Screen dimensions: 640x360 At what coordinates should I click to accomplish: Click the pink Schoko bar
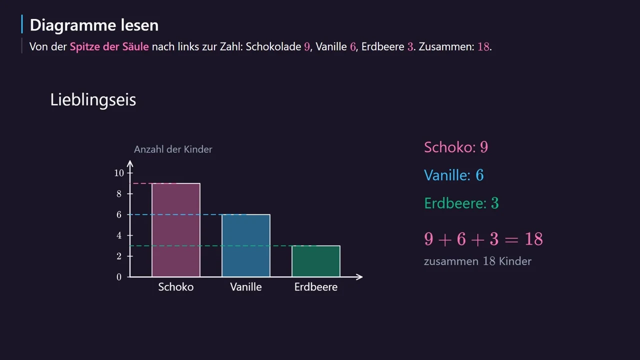pyautogui.click(x=175, y=230)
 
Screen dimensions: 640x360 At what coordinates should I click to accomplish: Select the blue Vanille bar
pyautogui.click(x=246, y=245)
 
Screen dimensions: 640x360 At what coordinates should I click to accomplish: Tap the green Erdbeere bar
pyautogui.click(x=316, y=261)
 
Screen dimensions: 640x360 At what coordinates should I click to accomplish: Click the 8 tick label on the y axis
pyautogui.click(x=119, y=194)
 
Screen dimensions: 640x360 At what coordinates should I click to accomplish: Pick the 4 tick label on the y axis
pyautogui.click(x=119, y=235)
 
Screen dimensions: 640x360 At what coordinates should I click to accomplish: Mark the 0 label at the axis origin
pyautogui.click(x=119, y=277)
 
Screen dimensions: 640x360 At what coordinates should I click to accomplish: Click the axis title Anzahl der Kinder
pyautogui.click(x=173, y=149)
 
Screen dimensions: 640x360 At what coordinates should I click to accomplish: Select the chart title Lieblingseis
pyautogui.click(x=93, y=99)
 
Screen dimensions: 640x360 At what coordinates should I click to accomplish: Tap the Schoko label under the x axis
pyautogui.click(x=175, y=287)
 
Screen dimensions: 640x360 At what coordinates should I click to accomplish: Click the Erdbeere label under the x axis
pyautogui.click(x=316, y=287)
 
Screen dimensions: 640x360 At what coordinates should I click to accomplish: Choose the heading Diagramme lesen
pyautogui.click(x=94, y=25)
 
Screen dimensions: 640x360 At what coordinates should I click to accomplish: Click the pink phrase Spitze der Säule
pyautogui.click(x=109, y=46)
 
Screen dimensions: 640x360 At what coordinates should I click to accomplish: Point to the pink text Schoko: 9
pyautogui.click(x=456, y=147)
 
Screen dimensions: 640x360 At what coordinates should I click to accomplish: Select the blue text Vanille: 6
pyautogui.click(x=453, y=175)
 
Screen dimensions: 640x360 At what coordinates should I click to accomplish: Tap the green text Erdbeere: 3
pyautogui.click(x=461, y=203)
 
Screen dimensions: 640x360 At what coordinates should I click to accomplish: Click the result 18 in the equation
pyautogui.click(x=533, y=239)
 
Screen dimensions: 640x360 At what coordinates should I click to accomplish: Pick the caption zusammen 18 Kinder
pyautogui.click(x=477, y=261)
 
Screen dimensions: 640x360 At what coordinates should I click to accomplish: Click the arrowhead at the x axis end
pyautogui.click(x=360, y=277)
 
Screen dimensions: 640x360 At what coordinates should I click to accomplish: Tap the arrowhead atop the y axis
pyautogui.click(x=130, y=163)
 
